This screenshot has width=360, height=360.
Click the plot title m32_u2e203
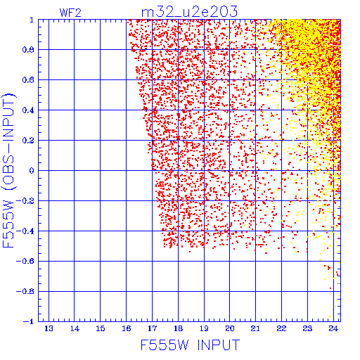coord(189,12)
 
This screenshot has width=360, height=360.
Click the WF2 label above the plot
coord(70,13)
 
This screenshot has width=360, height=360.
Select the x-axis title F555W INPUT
coord(190,345)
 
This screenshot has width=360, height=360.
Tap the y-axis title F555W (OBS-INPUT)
coord(8,171)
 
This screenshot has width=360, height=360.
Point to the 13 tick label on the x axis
coord(49,328)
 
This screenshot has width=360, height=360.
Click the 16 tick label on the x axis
coord(127,328)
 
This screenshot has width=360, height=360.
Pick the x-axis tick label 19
coord(204,328)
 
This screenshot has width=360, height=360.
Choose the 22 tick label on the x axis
coord(281,328)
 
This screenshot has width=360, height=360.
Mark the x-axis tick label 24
coord(333,328)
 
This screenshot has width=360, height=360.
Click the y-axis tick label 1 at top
coord(32,20)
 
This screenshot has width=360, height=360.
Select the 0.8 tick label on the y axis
coord(28,50)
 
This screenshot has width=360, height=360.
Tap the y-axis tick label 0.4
coord(28,110)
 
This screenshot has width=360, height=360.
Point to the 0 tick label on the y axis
coord(32,171)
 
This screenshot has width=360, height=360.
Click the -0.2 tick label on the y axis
coord(25,201)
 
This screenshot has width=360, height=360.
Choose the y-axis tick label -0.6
coord(25,261)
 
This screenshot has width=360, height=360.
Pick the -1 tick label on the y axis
coord(29,321)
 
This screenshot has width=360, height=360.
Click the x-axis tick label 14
coord(75,328)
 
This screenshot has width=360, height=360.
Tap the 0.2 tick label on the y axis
coord(28,141)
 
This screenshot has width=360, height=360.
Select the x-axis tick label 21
coord(255,328)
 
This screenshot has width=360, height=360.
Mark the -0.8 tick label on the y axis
coord(25,291)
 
